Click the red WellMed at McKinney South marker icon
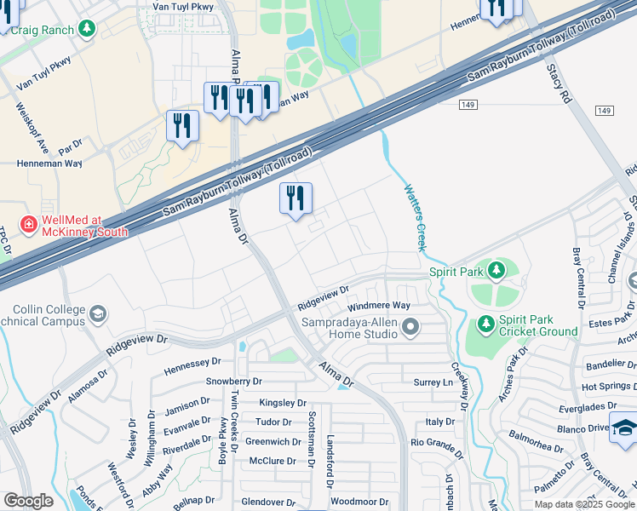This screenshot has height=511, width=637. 28,224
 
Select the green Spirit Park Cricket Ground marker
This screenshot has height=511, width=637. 485,324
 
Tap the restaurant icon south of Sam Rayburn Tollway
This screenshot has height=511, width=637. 296,199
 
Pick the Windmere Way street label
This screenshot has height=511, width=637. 379,306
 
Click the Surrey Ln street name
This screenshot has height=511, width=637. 432,383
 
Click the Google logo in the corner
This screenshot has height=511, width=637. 28,501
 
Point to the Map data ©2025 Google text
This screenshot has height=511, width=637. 583,504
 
